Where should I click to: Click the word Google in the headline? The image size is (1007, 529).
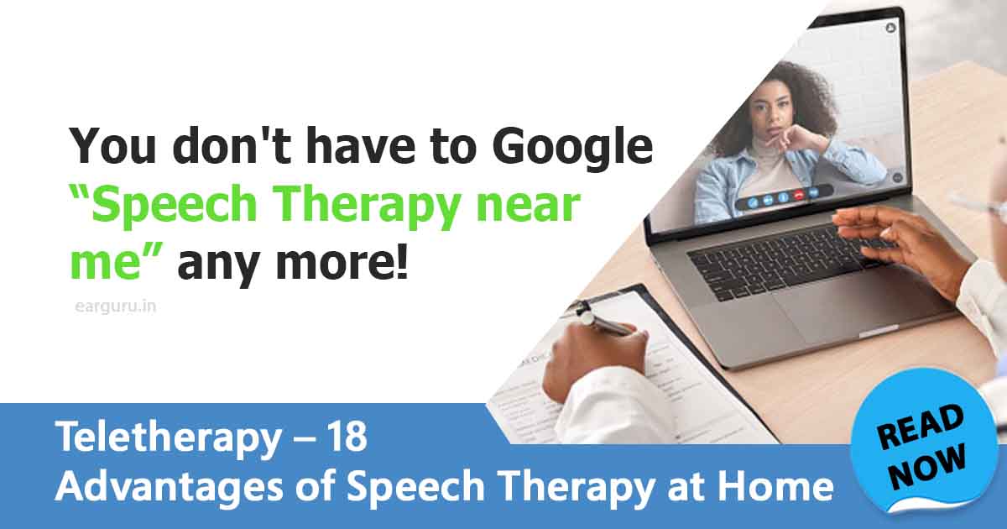[x=572, y=148]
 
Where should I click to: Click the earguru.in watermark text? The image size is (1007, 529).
[x=110, y=306]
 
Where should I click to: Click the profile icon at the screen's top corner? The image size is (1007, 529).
[x=890, y=28]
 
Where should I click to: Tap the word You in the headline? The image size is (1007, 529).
[x=107, y=148]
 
